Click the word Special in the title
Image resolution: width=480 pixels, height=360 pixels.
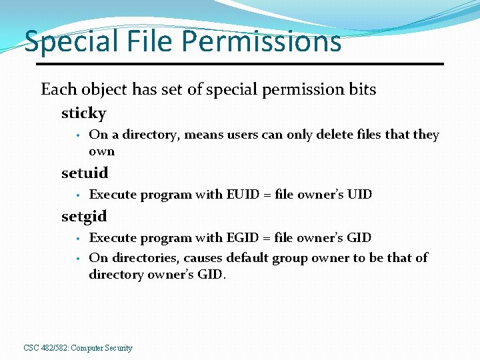(x=61, y=42)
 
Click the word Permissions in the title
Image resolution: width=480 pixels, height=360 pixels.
(x=261, y=42)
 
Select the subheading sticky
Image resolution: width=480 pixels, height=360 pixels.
(x=83, y=113)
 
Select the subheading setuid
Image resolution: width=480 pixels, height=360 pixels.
(x=85, y=173)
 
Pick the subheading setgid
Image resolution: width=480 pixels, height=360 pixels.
(x=84, y=217)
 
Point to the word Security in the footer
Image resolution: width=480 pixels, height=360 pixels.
(x=118, y=348)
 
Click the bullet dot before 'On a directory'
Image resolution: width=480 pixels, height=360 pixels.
(x=78, y=135)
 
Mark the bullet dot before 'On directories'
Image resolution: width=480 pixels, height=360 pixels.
(x=78, y=258)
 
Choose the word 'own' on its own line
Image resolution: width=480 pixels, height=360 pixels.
(x=101, y=151)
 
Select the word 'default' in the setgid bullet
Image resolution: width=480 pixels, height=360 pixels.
(x=247, y=257)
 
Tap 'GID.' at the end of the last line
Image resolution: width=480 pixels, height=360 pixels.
(x=212, y=275)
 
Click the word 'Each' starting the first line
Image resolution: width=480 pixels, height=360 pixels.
(x=59, y=89)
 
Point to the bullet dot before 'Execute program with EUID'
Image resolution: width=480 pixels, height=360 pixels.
(x=78, y=195)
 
